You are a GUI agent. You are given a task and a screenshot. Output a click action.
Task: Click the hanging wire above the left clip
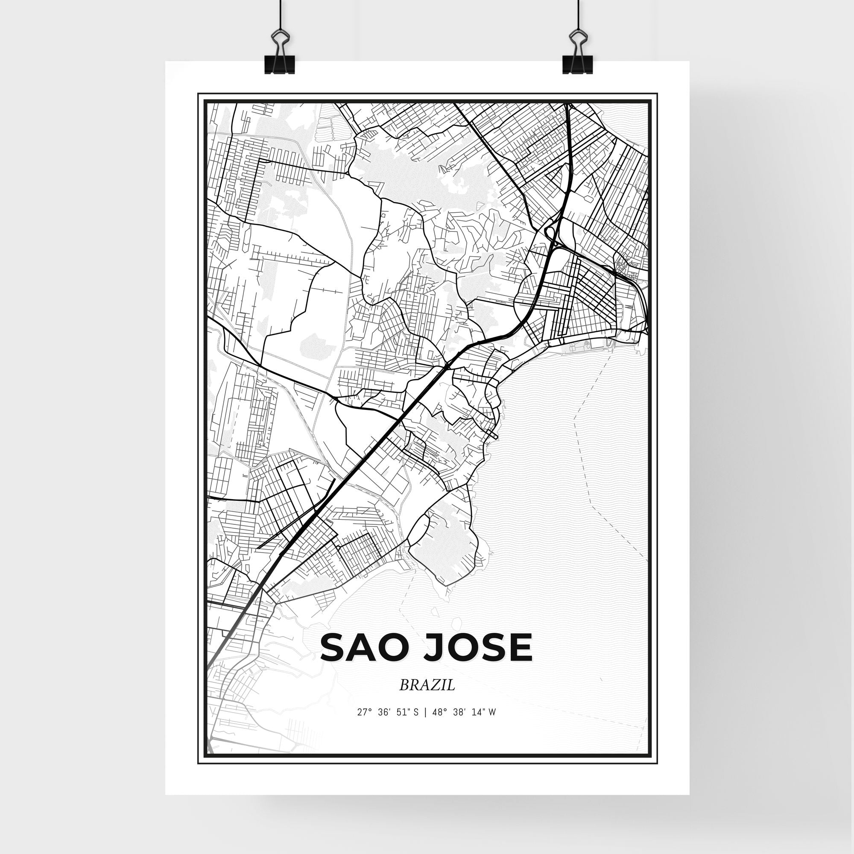click(280, 15)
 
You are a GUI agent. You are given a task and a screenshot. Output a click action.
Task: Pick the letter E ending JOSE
click(522, 648)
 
